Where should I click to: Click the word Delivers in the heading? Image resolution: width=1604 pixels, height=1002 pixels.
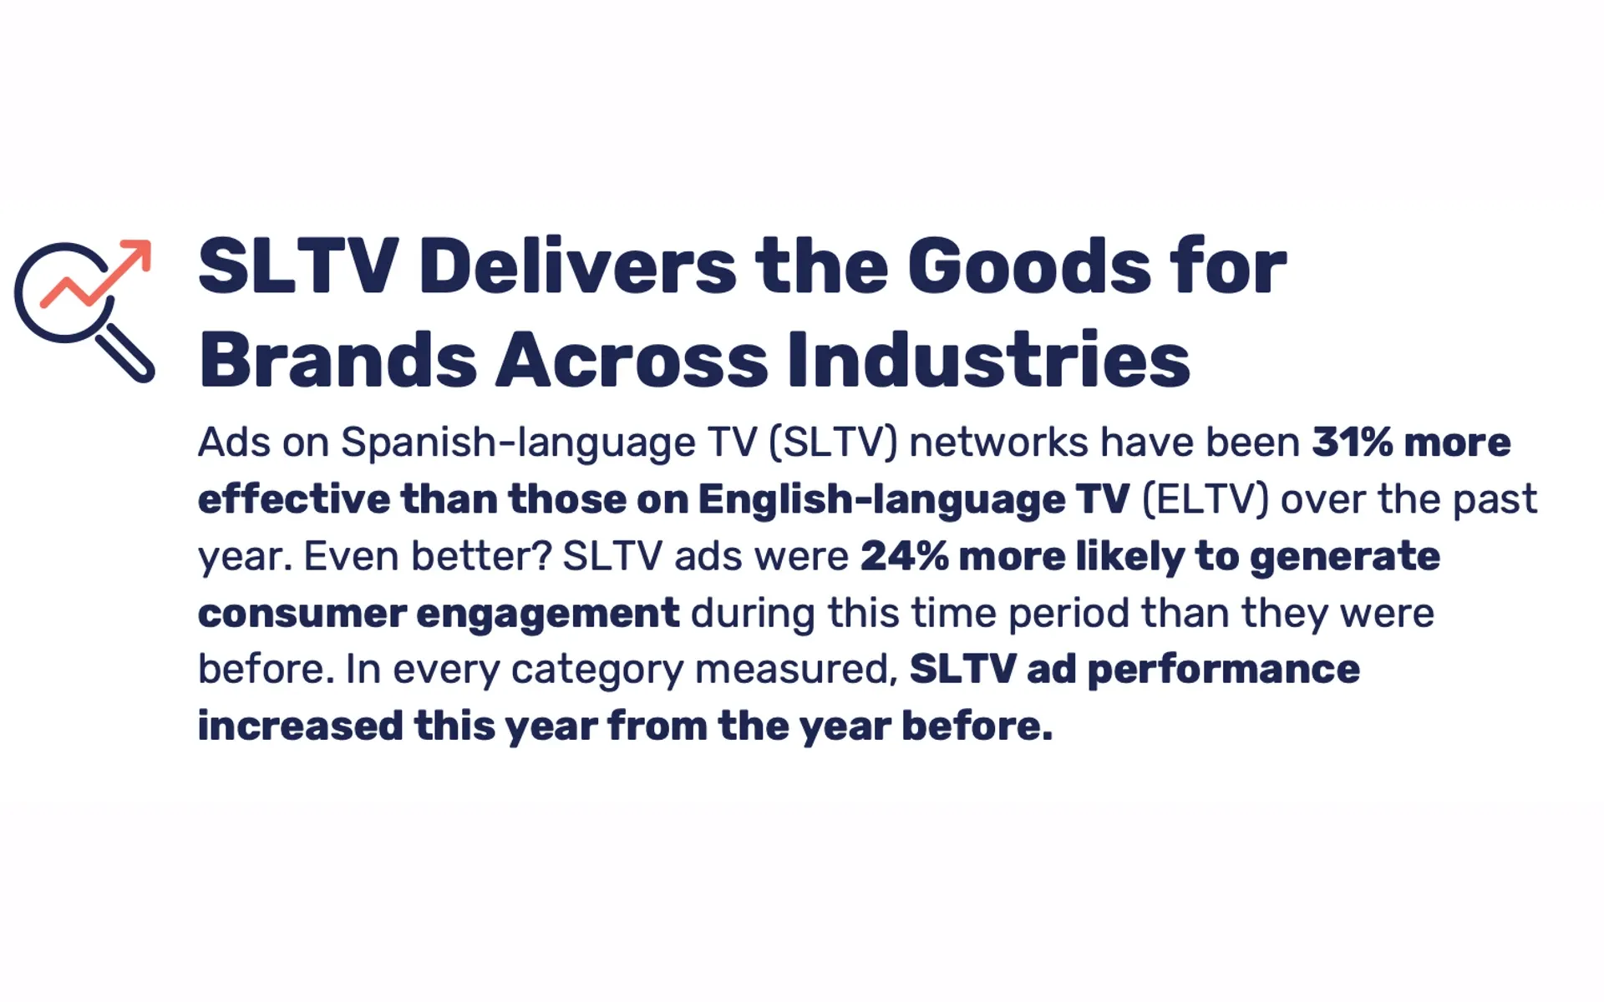tap(577, 266)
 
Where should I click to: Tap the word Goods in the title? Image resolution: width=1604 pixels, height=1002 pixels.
tap(1029, 266)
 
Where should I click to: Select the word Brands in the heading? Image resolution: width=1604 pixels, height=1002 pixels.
tap(338, 360)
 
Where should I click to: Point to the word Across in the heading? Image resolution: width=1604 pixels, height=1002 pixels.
tap(632, 360)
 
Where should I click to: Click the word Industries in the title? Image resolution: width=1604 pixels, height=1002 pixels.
tap(988, 360)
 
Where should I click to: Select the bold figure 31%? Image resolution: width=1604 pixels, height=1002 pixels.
tap(1352, 443)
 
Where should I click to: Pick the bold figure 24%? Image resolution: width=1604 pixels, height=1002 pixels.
tap(904, 556)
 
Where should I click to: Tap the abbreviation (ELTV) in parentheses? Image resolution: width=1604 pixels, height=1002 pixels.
tap(1205, 499)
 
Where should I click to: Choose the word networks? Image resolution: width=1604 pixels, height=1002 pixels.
tap(998, 443)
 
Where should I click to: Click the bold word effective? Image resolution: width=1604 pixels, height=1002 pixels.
tap(293, 499)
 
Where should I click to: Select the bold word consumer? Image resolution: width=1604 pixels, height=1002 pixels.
tap(302, 614)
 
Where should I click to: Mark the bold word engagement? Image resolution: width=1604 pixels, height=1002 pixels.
tap(547, 614)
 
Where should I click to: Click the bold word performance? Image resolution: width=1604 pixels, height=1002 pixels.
tap(1223, 670)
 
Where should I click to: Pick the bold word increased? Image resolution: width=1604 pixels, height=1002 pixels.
tap(301, 726)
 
